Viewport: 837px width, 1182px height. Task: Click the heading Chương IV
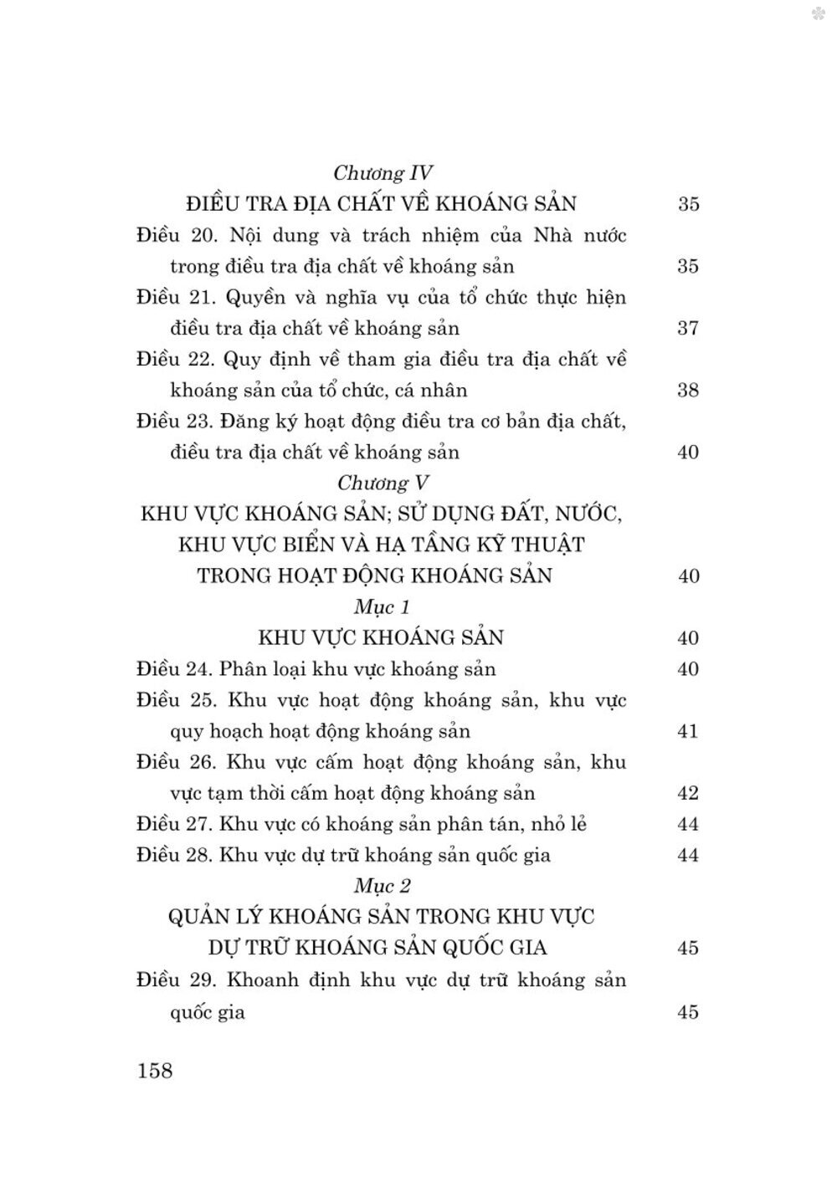pyautogui.click(x=383, y=173)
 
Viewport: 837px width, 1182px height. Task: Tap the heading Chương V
pyautogui.click(x=383, y=483)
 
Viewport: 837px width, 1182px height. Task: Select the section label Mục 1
pyautogui.click(x=382, y=606)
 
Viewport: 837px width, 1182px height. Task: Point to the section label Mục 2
pyautogui.click(x=382, y=885)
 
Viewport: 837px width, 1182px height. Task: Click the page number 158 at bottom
pyautogui.click(x=154, y=1070)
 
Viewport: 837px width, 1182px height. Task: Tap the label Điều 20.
pyautogui.click(x=177, y=235)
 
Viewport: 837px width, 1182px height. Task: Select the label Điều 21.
pyautogui.click(x=177, y=298)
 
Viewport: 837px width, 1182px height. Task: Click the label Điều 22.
pyautogui.click(x=177, y=360)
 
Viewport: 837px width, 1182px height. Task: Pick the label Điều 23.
pyautogui.click(x=177, y=422)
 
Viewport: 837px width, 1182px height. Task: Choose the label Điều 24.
pyautogui.click(x=177, y=669)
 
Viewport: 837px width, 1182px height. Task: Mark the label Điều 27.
pyautogui.click(x=177, y=824)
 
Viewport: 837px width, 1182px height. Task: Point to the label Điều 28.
pyautogui.click(x=177, y=855)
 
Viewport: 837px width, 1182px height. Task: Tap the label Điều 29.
pyautogui.click(x=177, y=980)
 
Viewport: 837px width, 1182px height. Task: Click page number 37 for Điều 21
pyautogui.click(x=687, y=329)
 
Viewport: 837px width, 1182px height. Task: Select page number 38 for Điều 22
pyautogui.click(x=687, y=391)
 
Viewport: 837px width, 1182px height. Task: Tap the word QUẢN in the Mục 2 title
pyautogui.click(x=201, y=917)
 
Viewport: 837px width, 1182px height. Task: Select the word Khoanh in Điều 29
pyautogui.click(x=264, y=980)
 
